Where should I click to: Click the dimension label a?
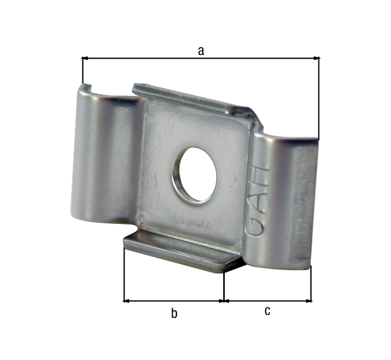pyautogui.click(x=200, y=51)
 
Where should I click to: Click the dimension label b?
pyautogui.click(x=174, y=314)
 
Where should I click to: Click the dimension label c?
pyautogui.click(x=268, y=311)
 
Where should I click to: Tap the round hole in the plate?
pyautogui.click(x=195, y=175)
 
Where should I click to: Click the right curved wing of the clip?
pyautogui.click(x=284, y=201)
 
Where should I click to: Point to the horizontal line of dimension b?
pyautogui.click(x=174, y=300)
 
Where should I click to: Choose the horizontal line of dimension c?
pyautogui.click(x=268, y=300)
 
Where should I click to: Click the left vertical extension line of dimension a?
pyautogui.click(x=82, y=71)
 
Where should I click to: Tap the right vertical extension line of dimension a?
pyautogui.click(x=319, y=98)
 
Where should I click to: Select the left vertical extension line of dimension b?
pyautogui.click(x=124, y=275)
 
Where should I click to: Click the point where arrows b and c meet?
pyautogui.click(x=224, y=300)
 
